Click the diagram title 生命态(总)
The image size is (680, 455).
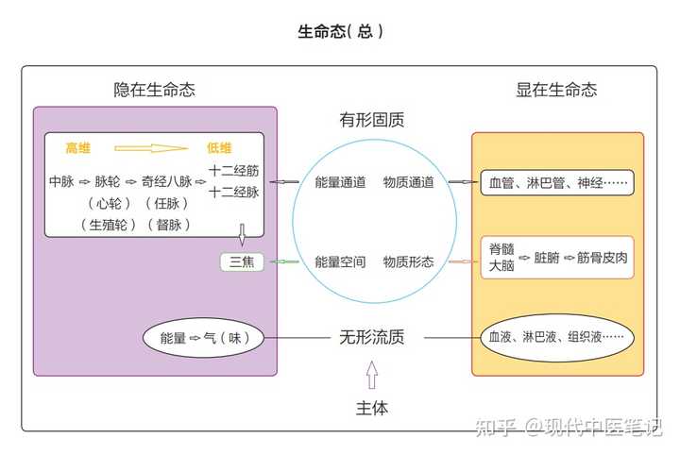340,31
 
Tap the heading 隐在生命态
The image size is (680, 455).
155,91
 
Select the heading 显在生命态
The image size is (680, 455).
556,91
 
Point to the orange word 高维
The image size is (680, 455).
77,148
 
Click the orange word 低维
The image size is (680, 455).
219,148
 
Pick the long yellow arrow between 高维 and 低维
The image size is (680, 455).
151,148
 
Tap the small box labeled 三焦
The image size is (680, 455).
242,261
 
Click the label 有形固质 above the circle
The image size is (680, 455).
372,121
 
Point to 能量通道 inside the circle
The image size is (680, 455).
340,182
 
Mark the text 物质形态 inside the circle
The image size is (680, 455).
409,261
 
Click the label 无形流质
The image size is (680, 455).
372,337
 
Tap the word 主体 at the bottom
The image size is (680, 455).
372,409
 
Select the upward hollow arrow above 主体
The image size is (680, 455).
372,377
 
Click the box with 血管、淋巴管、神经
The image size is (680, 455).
556,182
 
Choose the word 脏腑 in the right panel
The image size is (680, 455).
547,257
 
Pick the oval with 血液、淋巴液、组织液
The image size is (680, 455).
556,337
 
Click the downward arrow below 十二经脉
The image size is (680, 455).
242,233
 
